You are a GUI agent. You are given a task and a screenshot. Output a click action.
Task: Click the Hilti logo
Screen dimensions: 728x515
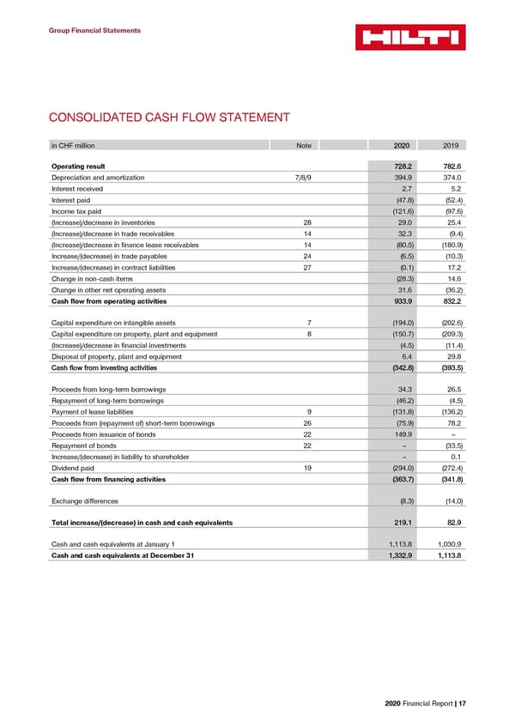pos(411,36)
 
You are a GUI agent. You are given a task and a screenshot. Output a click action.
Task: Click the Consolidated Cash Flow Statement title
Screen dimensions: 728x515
pos(168,118)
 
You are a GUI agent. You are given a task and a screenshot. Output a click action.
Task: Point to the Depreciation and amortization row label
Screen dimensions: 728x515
pos(98,177)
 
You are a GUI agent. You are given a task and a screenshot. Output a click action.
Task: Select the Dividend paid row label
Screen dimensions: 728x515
pos(73,468)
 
